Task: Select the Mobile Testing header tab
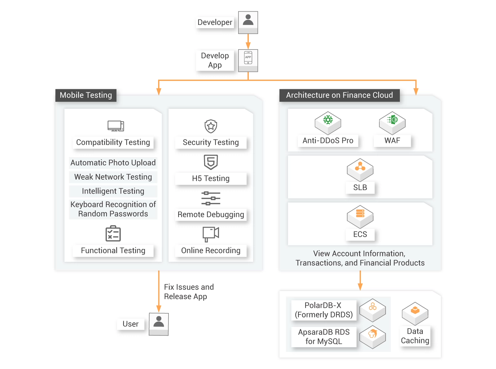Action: click(86, 95)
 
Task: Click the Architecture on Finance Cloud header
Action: click(339, 95)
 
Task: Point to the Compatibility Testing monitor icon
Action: click(116, 126)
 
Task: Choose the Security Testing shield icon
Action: click(211, 126)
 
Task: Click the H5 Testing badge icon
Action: click(211, 162)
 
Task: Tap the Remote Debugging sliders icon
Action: click(211, 198)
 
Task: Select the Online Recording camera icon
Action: click(211, 234)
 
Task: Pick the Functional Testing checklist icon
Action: click(113, 234)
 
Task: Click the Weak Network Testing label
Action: click(113, 177)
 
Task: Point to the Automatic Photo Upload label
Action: click(113, 163)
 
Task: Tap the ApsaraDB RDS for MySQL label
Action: click(324, 337)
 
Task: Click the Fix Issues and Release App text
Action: click(189, 292)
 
